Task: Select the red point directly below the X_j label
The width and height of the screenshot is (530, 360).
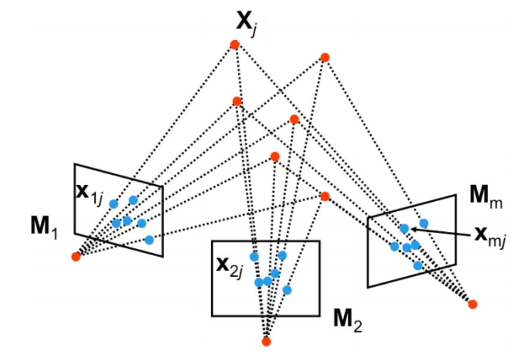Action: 235,44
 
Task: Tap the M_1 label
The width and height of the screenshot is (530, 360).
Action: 44,226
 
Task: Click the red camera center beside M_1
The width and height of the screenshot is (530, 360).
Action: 76,257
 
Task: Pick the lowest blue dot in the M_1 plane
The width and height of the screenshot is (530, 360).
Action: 149,240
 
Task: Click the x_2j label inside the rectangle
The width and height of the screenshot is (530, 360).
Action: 230,267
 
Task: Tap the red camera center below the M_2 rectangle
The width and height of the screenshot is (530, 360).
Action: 266,341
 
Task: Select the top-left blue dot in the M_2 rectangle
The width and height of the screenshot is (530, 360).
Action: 254,257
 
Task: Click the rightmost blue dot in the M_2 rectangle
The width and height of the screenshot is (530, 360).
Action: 287,290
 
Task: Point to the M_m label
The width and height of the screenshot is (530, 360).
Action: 486,196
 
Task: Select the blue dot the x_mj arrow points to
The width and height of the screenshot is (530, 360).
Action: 405,229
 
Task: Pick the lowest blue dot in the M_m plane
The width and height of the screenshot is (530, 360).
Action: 418,265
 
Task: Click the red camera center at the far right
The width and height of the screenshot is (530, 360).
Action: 472,304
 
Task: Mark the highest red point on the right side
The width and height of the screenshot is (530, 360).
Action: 325,58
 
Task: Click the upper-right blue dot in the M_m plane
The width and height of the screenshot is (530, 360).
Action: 424,223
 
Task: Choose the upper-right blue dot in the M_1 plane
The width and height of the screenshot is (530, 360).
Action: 133,201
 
